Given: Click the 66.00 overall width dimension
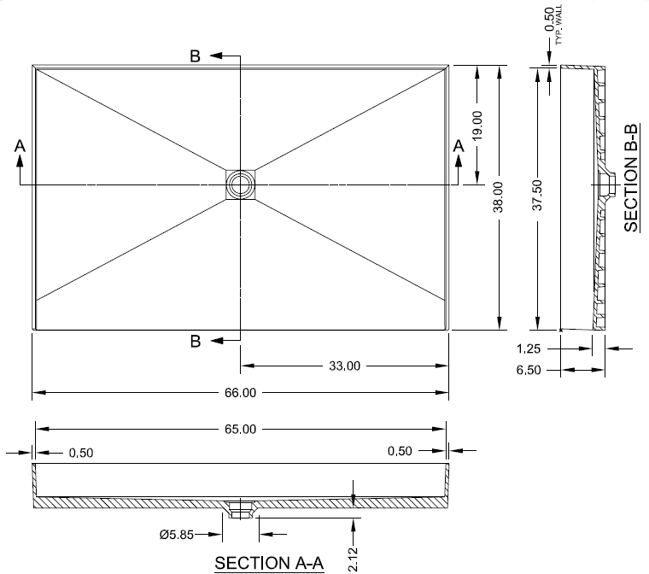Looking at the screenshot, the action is point(240,393).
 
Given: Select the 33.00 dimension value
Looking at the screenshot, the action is point(344,366).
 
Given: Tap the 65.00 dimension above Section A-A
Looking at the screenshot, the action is point(240,429).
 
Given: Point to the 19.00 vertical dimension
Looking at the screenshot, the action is point(477,126).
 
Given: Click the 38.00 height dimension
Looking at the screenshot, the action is point(498,197).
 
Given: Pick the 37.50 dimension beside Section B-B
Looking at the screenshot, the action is point(537,195).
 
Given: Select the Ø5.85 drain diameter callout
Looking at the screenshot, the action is point(176,535).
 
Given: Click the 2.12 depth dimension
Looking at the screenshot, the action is point(353,559).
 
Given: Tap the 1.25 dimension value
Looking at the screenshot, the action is point(529,348).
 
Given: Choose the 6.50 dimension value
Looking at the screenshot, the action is point(529,370).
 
